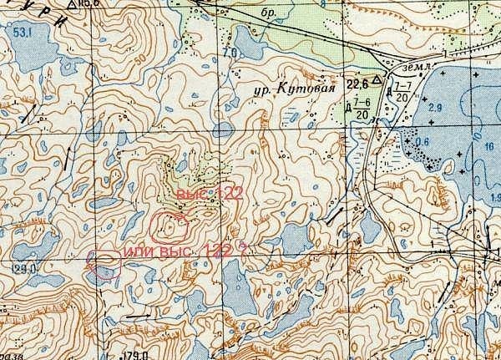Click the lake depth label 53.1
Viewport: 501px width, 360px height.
click(x=22, y=32)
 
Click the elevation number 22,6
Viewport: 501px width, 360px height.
click(x=357, y=83)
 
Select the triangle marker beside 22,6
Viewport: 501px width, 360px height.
click(x=377, y=80)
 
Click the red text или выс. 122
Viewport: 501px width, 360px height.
click(x=177, y=251)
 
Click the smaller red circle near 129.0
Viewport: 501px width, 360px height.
click(x=106, y=266)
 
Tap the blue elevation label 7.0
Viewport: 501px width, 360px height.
click(x=230, y=53)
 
